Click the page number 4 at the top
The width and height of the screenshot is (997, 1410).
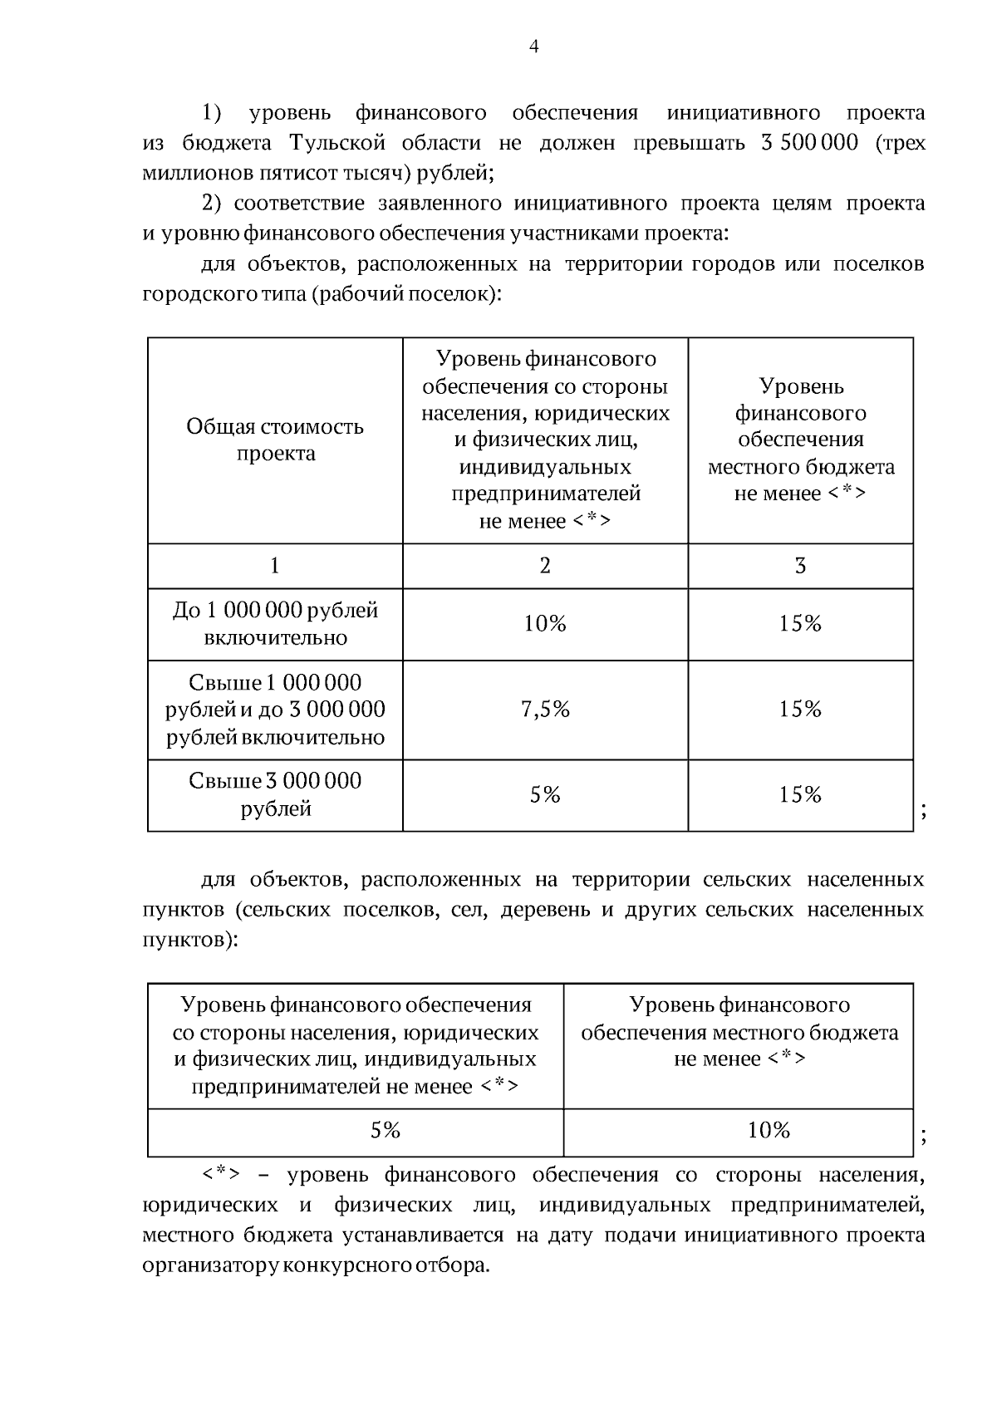point(534,47)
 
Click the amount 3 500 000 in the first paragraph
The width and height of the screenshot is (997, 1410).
point(808,143)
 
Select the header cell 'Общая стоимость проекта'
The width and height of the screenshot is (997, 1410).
point(275,440)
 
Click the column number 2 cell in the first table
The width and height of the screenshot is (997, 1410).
point(545,566)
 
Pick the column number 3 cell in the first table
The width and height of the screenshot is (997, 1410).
point(800,566)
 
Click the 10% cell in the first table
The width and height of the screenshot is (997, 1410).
point(545,624)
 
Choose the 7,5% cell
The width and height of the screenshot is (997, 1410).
point(545,710)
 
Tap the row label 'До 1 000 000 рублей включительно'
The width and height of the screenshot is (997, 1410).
point(275,624)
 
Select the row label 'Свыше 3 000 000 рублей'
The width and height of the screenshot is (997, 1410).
point(275,794)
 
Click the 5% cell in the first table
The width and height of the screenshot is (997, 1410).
point(545,795)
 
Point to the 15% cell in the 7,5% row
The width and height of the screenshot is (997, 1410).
point(800,710)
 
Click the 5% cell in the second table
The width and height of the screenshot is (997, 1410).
point(386,1131)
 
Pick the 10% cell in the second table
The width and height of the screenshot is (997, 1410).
point(769,1131)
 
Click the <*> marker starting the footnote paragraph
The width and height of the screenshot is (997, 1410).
point(221,1175)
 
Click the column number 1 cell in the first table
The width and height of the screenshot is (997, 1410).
point(275,566)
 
